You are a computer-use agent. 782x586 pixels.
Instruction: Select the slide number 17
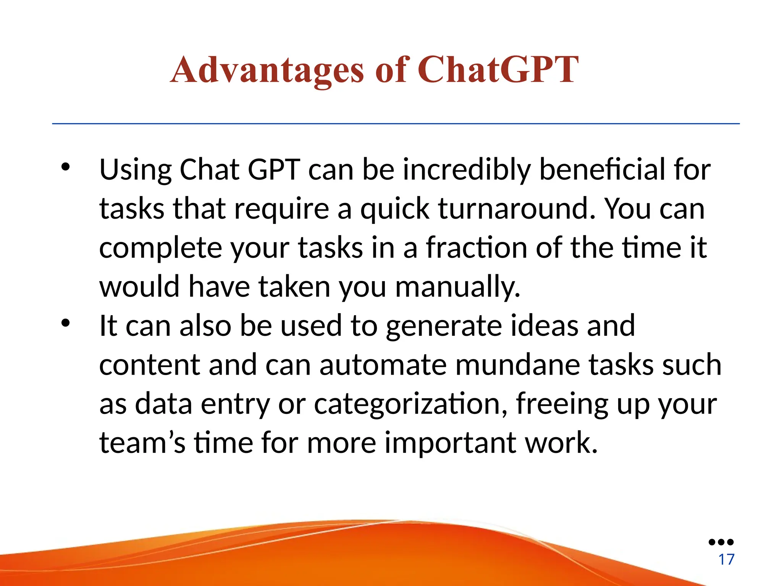point(726,560)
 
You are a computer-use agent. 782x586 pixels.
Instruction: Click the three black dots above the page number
point(721,542)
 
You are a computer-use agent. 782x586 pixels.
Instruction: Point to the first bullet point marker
point(66,167)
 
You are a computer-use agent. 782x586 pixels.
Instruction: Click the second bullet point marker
point(66,323)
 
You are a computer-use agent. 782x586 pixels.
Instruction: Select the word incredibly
point(467,169)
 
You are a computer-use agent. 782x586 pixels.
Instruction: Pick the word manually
point(457,287)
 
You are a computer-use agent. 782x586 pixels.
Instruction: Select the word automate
point(383,365)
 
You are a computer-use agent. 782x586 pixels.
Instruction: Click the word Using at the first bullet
point(135,170)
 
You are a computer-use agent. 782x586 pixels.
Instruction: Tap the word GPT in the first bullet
point(273,169)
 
